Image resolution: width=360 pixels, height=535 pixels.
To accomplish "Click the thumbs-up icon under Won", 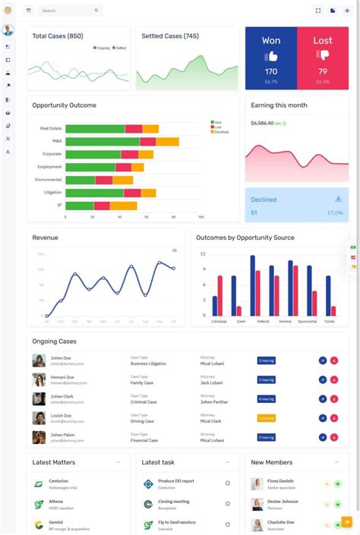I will point(270,56).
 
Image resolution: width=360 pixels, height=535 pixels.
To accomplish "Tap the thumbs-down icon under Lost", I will point(323,55).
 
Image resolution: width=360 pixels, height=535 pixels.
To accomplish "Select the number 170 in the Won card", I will point(270,71).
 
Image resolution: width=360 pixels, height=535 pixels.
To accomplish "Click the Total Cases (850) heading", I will point(58,36).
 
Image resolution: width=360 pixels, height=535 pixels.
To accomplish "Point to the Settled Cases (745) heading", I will point(170,36).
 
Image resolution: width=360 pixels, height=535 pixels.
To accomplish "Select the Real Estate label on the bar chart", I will point(51,129).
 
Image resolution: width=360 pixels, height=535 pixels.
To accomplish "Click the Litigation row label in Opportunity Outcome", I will point(52,193).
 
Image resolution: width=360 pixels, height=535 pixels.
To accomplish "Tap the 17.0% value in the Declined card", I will point(335,213).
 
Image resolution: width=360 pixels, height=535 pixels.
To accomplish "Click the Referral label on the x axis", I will point(263,321).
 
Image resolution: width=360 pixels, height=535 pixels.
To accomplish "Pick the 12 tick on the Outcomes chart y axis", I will point(203,253).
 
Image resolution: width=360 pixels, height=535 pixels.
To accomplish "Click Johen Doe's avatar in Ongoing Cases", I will point(39,360).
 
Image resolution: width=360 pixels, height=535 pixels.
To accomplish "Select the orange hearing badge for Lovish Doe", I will point(266,418).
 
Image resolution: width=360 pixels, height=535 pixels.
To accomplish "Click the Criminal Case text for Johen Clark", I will point(144,402).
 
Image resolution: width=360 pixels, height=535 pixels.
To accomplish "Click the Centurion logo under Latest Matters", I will point(39,483).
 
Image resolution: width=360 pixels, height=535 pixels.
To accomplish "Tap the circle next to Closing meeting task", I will point(227,504).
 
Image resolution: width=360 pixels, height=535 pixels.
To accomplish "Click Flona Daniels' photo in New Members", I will point(257,483).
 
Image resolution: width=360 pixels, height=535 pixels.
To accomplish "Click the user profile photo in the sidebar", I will point(8,30).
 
